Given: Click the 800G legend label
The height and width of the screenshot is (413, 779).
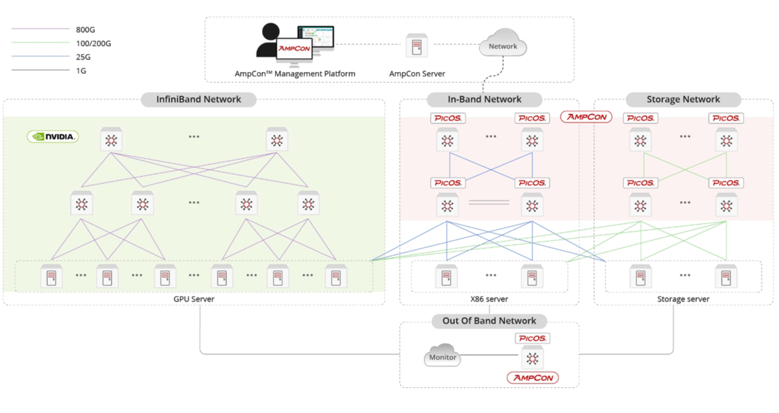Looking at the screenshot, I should [x=85, y=30].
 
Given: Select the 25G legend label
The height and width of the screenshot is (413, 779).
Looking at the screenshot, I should [x=83, y=57].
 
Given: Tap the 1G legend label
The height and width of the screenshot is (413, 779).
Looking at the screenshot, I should [x=81, y=71].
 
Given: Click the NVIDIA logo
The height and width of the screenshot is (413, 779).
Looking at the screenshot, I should [x=53, y=137].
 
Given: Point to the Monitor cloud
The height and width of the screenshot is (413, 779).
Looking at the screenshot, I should [x=442, y=356].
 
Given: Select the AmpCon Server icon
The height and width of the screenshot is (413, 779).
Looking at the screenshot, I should [x=417, y=46].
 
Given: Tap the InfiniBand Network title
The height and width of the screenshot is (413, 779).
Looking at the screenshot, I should [x=198, y=99].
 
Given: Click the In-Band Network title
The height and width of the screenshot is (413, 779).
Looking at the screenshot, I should [x=484, y=99].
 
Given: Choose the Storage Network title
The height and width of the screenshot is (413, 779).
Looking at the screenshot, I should [x=683, y=99].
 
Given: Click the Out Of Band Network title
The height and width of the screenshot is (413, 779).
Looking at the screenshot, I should [x=489, y=321].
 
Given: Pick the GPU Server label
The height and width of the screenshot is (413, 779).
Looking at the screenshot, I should [x=194, y=299].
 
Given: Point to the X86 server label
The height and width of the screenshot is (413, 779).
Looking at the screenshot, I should [x=489, y=299].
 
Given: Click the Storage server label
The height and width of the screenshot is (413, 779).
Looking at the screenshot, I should [x=683, y=299].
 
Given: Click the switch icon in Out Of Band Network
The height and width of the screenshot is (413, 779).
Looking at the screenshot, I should [x=532, y=358].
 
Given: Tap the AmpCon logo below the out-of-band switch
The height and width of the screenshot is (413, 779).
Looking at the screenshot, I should [x=533, y=378].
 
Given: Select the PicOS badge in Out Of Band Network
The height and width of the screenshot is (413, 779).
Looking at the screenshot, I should [x=532, y=338].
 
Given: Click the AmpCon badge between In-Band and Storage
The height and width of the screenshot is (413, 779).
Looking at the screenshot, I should [x=586, y=117].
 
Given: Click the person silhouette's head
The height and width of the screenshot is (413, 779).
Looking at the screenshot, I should [x=271, y=31].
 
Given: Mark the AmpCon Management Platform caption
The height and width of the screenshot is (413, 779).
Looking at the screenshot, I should [x=295, y=74].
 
